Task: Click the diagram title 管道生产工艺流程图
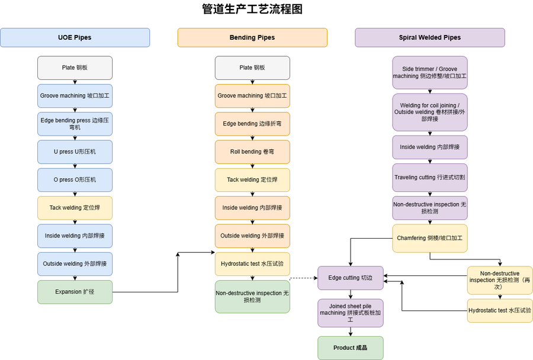(x=252, y=9)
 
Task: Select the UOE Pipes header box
(x=75, y=37)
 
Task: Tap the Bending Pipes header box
(x=252, y=37)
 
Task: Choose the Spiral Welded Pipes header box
(x=430, y=37)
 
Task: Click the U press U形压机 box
(x=75, y=152)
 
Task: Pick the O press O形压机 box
(x=75, y=179)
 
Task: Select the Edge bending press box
(x=75, y=124)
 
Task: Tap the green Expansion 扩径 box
(x=75, y=292)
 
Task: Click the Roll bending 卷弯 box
(x=252, y=152)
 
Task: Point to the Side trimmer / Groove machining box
(x=430, y=72)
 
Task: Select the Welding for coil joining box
(x=430, y=112)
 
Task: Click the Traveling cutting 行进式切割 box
(x=430, y=177)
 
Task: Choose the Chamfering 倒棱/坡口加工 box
(x=430, y=238)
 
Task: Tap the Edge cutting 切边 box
(x=351, y=278)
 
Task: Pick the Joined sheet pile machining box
(x=351, y=313)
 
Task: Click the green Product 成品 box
(x=351, y=348)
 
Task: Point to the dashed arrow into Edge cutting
(x=303, y=278)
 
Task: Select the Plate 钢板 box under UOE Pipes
(x=75, y=67)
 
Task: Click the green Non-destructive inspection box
(x=252, y=297)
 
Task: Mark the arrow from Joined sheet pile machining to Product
(x=351, y=332)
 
